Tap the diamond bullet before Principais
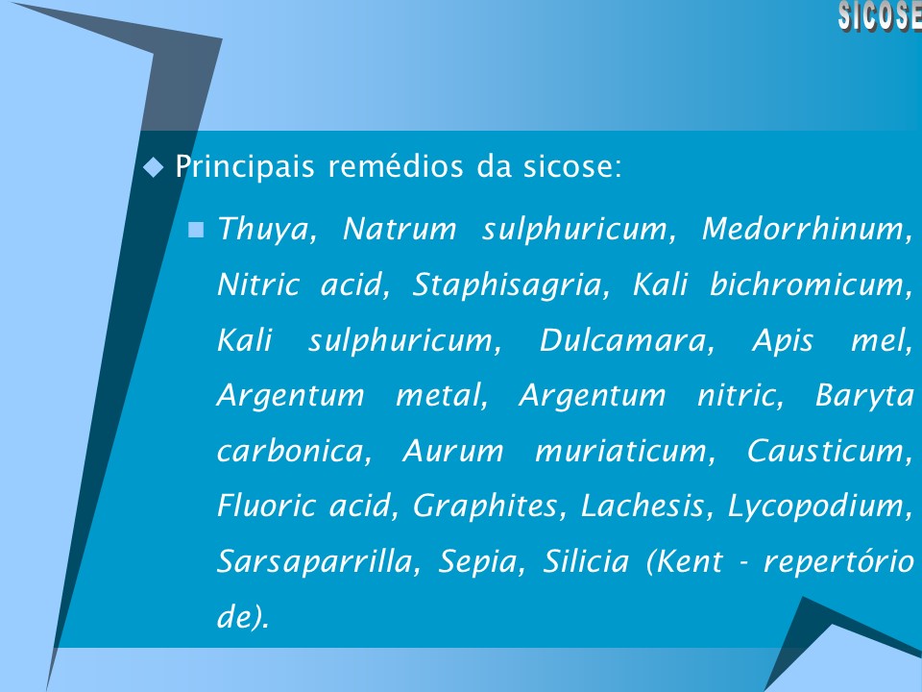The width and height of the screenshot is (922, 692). pyautogui.click(x=153, y=168)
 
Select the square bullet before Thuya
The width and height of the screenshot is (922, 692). pyautogui.click(x=197, y=230)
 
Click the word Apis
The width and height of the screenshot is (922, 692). pyautogui.click(x=783, y=341)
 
